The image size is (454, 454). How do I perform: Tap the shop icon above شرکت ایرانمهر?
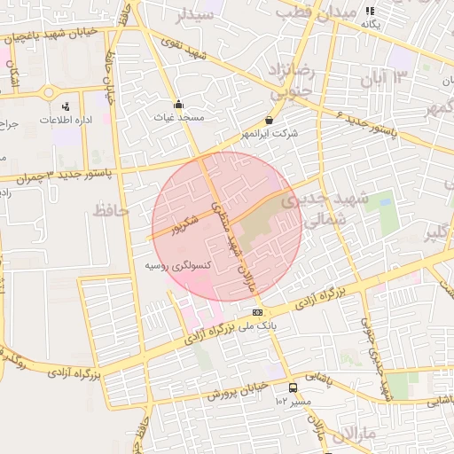(x=269, y=121)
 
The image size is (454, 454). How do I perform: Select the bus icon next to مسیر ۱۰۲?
(x=294, y=387)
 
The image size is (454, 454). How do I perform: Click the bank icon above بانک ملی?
(x=258, y=312)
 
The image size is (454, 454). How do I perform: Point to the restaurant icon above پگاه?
(x=370, y=11)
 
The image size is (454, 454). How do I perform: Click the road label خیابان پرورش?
(x=238, y=391)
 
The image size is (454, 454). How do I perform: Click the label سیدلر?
(x=196, y=14)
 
